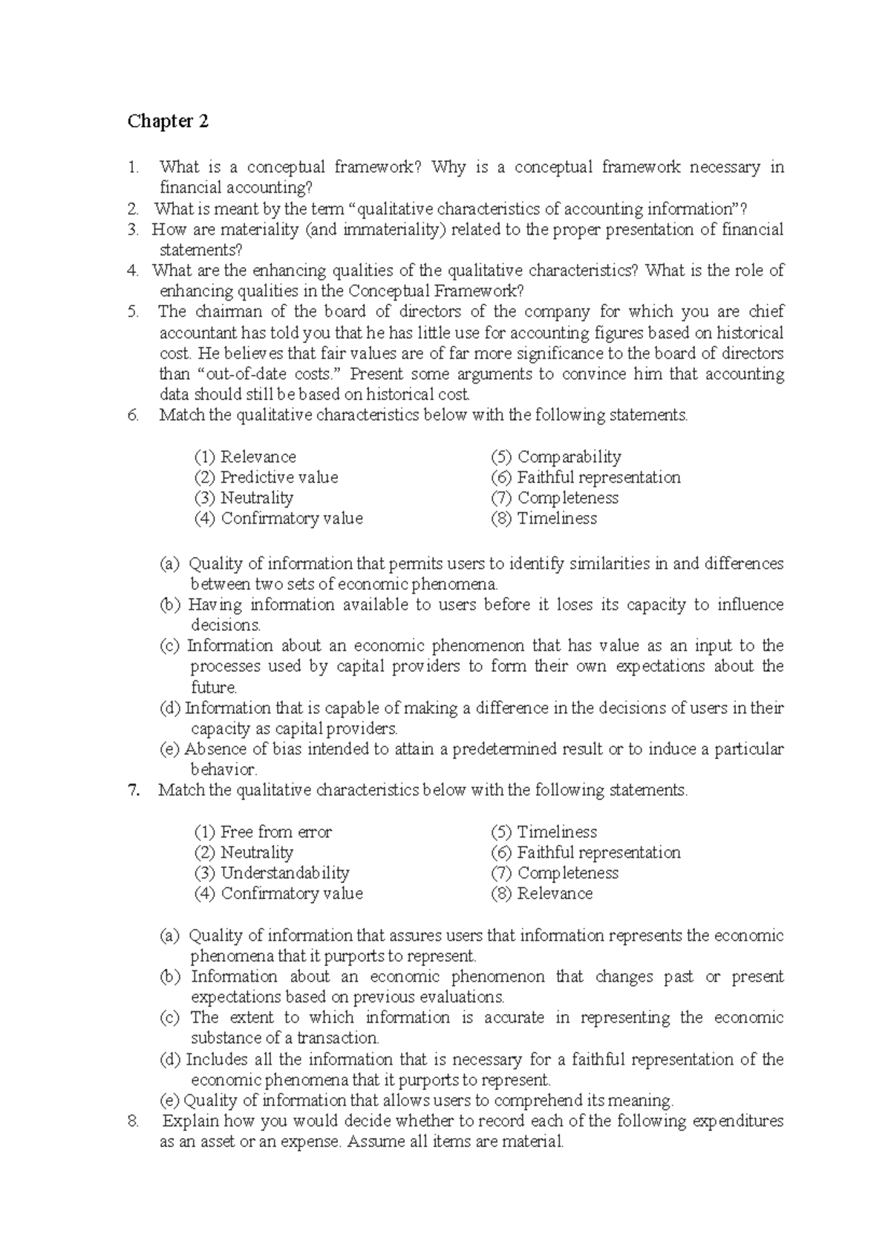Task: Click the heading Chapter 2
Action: click(x=168, y=121)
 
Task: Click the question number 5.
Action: click(x=133, y=312)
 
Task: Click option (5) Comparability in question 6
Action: click(x=556, y=457)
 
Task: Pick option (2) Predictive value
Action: click(x=266, y=478)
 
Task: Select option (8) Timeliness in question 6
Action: click(x=544, y=519)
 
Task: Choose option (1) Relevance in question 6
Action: click(x=245, y=457)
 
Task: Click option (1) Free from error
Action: click(x=263, y=832)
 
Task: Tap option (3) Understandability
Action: click(x=272, y=873)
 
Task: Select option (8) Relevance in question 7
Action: click(x=542, y=894)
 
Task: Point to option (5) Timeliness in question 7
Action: click(x=544, y=832)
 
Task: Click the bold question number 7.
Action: click(x=134, y=790)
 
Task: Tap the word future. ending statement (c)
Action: click(x=214, y=687)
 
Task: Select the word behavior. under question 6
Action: click(x=223, y=769)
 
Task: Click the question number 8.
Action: click(x=133, y=1121)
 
